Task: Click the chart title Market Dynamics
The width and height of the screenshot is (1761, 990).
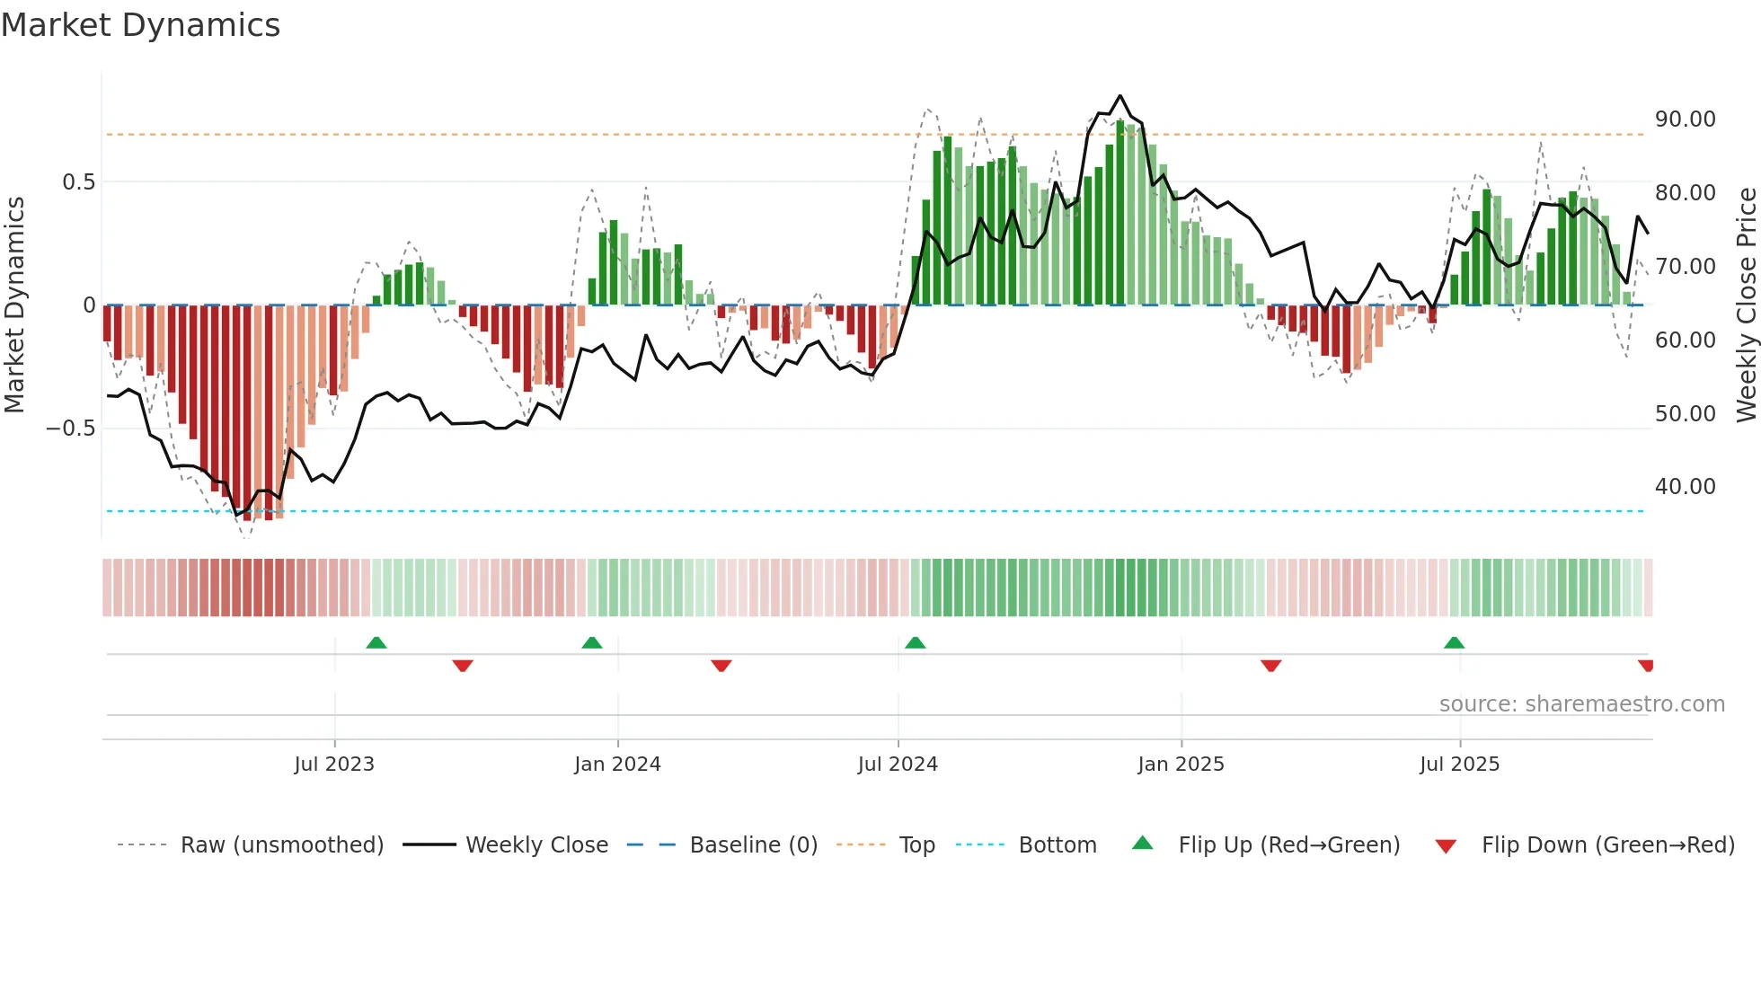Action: (x=140, y=25)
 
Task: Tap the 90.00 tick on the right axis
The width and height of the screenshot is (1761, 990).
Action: (x=1685, y=119)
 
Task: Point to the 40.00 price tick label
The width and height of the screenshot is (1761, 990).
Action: (x=1685, y=487)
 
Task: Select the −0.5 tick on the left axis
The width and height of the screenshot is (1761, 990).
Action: (x=70, y=429)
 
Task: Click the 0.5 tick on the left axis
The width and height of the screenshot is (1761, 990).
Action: (x=78, y=182)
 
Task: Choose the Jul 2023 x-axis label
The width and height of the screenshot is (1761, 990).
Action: (x=334, y=765)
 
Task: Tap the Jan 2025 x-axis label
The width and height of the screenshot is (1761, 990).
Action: (x=1181, y=765)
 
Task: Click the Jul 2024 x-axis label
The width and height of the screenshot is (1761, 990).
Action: (x=898, y=765)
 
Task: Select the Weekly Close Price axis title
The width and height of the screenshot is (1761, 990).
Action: (x=1746, y=305)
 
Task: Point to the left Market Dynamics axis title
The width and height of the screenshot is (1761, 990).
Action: (x=14, y=305)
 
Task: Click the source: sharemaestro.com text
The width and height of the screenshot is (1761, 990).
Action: (x=1581, y=704)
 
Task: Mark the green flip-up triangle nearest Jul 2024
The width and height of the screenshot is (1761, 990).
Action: (x=915, y=643)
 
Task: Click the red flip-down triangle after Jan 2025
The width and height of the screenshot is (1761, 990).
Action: (x=1270, y=666)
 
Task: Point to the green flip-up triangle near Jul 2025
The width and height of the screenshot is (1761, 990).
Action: (x=1454, y=643)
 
